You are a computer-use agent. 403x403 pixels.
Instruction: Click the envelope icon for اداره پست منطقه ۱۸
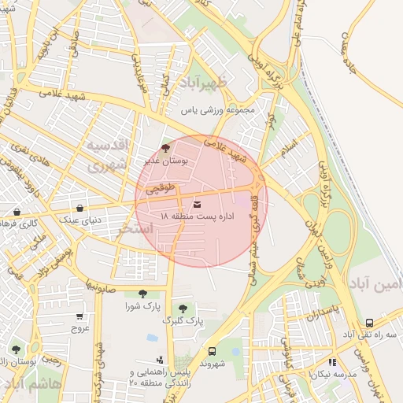tap(197, 206)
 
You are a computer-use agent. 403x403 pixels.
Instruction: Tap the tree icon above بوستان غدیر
tap(165, 147)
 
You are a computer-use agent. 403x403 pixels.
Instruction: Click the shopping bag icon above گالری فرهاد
tap(17, 212)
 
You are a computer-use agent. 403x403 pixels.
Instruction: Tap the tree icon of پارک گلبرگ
tap(183, 309)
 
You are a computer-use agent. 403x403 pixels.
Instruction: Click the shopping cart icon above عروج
tap(79, 315)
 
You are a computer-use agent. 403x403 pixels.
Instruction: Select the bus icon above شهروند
tap(212, 352)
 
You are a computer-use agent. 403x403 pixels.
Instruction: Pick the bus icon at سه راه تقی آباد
tap(369, 323)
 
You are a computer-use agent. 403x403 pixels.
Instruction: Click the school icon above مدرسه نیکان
tap(332, 362)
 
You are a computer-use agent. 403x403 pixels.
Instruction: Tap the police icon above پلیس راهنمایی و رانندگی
tap(160, 359)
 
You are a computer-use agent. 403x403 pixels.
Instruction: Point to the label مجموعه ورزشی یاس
tap(219, 111)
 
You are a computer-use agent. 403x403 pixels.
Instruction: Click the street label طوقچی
tap(159, 189)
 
